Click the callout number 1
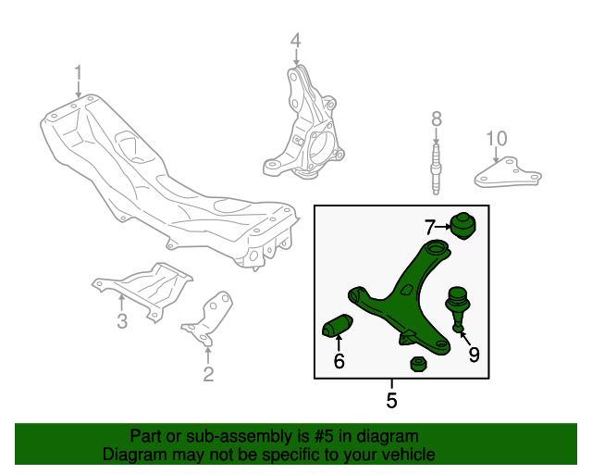(78, 72)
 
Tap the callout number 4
(296, 40)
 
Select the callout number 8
(437, 118)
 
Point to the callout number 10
(497, 139)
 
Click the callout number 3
(122, 321)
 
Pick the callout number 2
(208, 374)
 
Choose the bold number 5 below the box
(391, 400)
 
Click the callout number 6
(339, 361)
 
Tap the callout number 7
(429, 227)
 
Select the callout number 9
(474, 355)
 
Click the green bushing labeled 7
(464, 226)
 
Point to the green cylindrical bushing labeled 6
(338, 326)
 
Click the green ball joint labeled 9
(458, 308)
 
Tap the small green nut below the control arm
(418, 364)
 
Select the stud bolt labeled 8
(436, 169)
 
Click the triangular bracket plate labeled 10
(508, 173)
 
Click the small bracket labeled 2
(208, 318)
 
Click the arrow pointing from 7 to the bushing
(443, 227)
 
